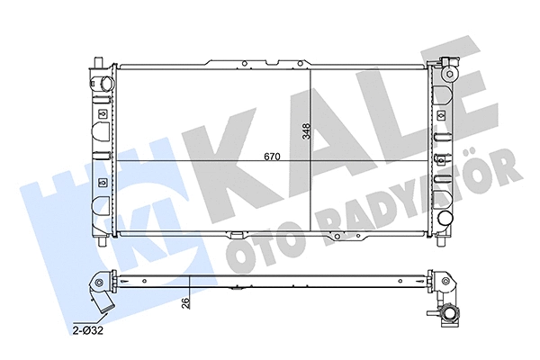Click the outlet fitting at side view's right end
tap(449, 312)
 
